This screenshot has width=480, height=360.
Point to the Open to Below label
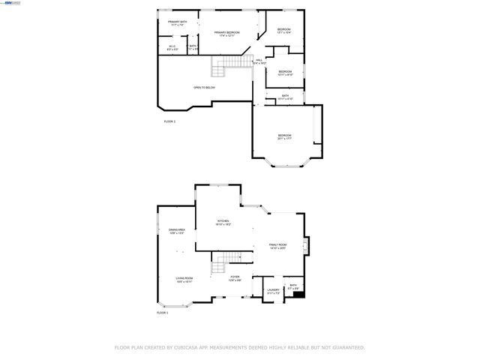click(205, 88)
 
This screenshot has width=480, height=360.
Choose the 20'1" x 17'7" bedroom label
click(284, 136)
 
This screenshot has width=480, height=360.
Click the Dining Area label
click(176, 231)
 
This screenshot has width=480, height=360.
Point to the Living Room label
click(184, 280)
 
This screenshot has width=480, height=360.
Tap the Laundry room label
click(273, 292)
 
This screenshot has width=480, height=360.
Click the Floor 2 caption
click(169, 121)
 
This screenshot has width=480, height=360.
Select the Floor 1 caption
click(162, 313)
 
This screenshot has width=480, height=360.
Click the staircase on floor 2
click(217, 70)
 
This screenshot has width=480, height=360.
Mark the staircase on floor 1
click(217, 264)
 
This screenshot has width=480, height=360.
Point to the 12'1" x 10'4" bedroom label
click(283, 31)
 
